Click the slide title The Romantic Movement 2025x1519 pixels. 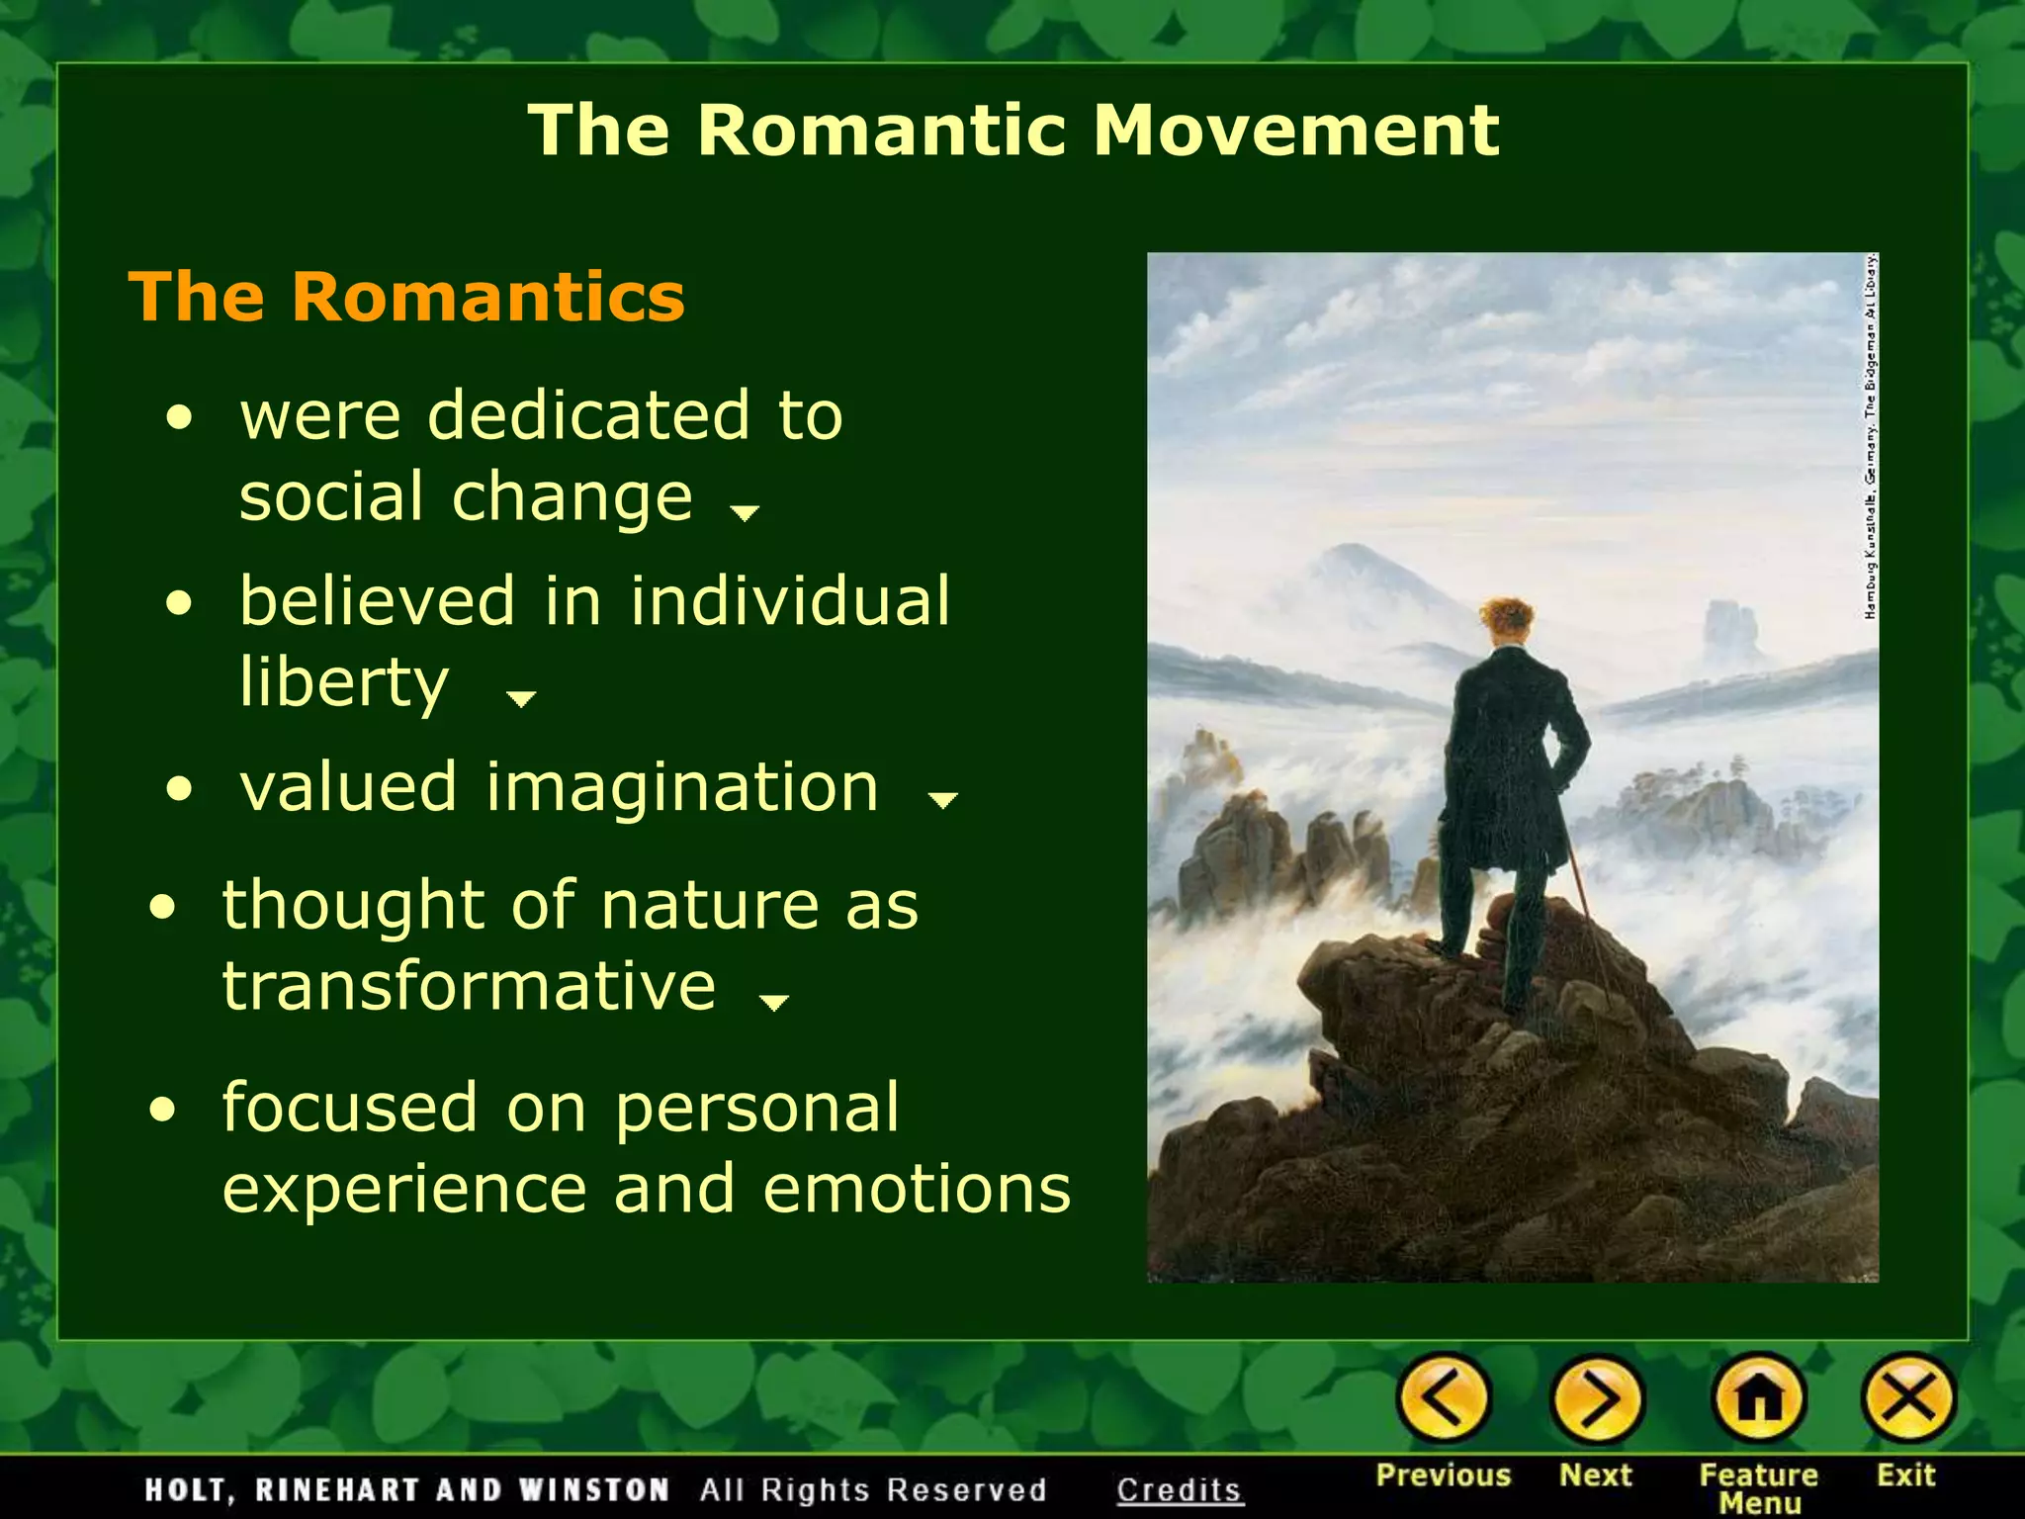1012,131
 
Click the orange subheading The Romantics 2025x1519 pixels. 406,297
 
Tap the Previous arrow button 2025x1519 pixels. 1443,1398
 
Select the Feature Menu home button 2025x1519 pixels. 1758,1398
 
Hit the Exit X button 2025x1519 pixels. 1908,1398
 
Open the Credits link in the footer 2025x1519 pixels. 1179,1490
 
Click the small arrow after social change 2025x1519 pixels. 744,512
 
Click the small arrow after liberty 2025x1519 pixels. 520,699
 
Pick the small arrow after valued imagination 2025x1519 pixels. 943,799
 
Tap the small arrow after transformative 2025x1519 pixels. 772,1003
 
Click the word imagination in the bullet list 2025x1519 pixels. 681,788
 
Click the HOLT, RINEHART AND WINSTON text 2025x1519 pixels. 406,1490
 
